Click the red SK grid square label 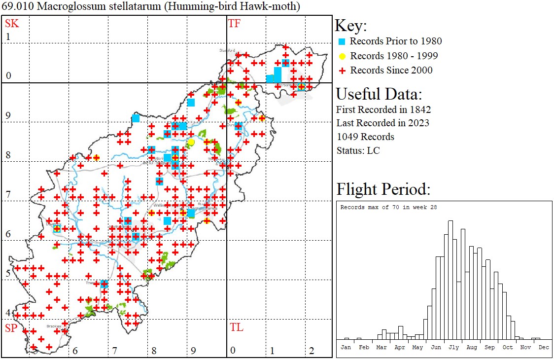coord(12,23)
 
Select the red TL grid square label coord(236,327)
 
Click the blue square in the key coord(342,41)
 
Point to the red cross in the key coord(342,71)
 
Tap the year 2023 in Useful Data coord(417,123)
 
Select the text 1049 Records coord(365,137)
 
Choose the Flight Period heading coord(383,189)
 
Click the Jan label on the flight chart coord(346,347)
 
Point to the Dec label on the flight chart coord(544,347)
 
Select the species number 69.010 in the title coord(16,7)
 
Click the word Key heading coord(350,26)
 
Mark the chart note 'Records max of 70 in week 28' coord(388,207)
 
